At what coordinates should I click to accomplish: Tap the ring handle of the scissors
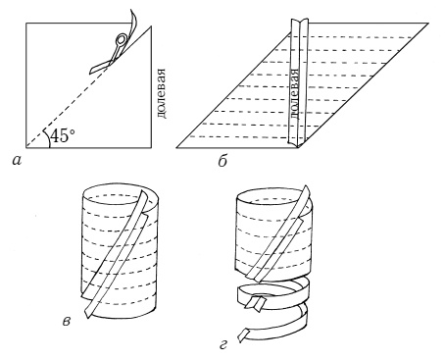click(x=121, y=40)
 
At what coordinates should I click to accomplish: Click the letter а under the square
click(x=16, y=160)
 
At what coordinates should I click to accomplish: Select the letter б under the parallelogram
click(x=222, y=161)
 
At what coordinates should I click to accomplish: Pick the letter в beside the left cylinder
click(x=66, y=322)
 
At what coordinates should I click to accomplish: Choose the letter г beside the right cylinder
click(x=223, y=344)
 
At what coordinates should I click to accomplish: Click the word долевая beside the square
click(x=161, y=93)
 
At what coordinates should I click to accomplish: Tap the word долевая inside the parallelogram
click(x=294, y=94)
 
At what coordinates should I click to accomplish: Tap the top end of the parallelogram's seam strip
click(x=300, y=22)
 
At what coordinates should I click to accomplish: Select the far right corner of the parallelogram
click(x=427, y=24)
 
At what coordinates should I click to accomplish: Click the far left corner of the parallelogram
click(x=176, y=148)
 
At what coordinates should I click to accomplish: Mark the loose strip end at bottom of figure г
click(x=243, y=335)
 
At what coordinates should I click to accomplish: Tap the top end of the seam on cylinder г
click(x=307, y=187)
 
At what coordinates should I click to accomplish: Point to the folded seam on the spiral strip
click(x=257, y=302)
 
